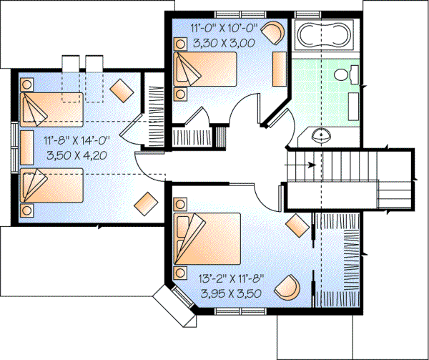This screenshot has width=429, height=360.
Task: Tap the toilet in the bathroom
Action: coord(344,73)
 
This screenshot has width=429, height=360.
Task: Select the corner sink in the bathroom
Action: coord(322,133)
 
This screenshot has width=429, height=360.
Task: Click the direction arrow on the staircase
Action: coord(304,165)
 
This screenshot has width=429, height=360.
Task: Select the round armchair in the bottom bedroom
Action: coord(290,287)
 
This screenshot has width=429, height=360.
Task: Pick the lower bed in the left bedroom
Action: coord(54,188)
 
